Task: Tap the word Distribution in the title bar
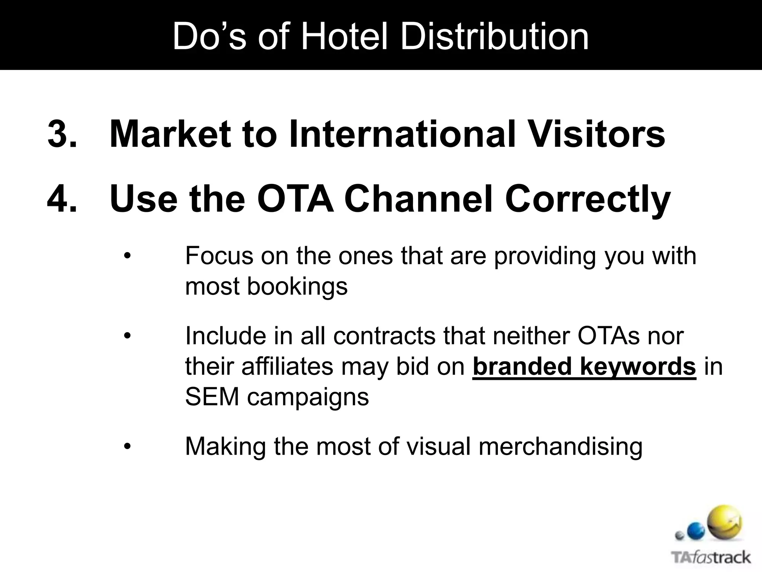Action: click(x=494, y=36)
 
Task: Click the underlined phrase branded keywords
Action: click(x=584, y=367)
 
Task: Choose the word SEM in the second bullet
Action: click(x=212, y=397)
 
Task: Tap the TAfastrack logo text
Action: click(x=711, y=558)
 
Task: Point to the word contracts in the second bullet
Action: click(x=384, y=336)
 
